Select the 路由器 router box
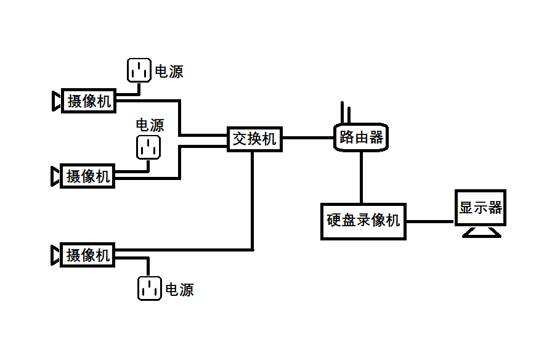coord(361,137)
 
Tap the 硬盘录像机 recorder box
coord(363,221)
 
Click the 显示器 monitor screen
coord(480,208)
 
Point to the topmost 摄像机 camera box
coord(89,100)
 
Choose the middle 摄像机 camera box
coord(88,176)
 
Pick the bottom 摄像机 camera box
coord(88,255)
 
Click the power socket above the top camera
coord(139,70)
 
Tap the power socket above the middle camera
coord(148,147)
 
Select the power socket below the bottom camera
coord(149,288)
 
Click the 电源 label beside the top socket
coord(169,72)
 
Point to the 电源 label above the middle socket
coord(150,125)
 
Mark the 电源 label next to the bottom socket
coord(179,289)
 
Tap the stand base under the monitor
coord(481,232)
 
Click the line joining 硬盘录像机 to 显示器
coord(430,221)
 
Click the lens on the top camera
coord(56,100)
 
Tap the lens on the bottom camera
coord(55,255)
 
